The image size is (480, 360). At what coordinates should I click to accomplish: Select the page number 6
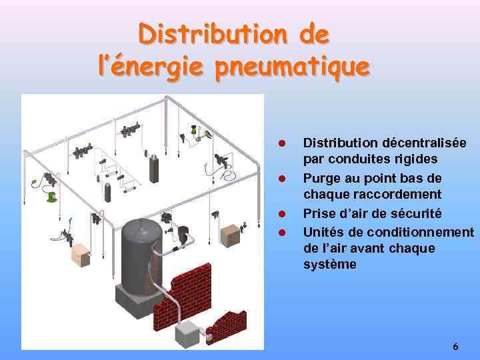point(455,347)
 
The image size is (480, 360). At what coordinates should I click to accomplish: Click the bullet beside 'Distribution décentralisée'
point(282,143)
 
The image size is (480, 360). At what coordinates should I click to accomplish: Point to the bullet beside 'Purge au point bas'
point(282,179)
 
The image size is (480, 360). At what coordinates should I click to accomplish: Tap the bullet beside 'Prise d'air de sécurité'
point(282,214)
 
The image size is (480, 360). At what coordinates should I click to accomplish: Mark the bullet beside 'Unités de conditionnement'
point(282,232)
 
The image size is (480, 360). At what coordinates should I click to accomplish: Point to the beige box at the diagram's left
point(80,255)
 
